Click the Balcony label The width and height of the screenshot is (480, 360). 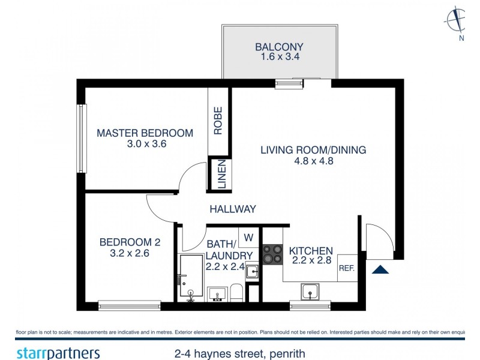pyautogui.click(x=279, y=46)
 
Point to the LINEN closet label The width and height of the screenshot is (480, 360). pyautogui.click(x=221, y=175)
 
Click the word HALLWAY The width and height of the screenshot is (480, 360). pyautogui.click(x=233, y=209)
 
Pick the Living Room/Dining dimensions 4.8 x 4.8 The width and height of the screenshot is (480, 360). pyautogui.click(x=313, y=161)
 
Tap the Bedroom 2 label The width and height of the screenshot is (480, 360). pyautogui.click(x=130, y=242)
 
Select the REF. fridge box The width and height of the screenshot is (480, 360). pyautogui.click(x=347, y=269)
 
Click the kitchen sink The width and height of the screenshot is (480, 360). pyautogui.click(x=310, y=291)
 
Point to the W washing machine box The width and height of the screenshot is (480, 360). pyautogui.click(x=249, y=238)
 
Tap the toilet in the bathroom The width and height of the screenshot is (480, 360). pyautogui.click(x=236, y=293)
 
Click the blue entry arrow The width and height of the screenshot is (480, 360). pyautogui.click(x=380, y=269)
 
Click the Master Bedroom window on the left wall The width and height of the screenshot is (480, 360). pyautogui.click(x=80, y=138)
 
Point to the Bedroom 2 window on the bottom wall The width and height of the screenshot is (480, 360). pyautogui.click(x=129, y=305)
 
